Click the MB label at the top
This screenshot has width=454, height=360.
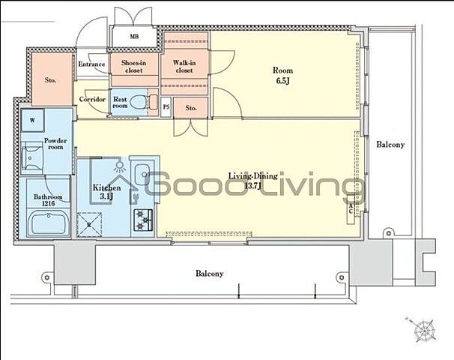(134, 37)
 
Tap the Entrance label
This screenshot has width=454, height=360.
(91, 64)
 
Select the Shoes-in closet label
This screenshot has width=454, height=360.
(134, 67)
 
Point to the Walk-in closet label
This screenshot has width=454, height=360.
(184, 67)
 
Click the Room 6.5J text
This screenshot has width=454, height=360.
(283, 75)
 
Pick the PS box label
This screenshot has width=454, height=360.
(166, 107)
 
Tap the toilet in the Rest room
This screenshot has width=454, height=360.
(141, 102)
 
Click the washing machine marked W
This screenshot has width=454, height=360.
(32, 120)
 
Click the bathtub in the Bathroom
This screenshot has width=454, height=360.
(49, 222)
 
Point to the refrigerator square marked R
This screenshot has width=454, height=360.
(89, 225)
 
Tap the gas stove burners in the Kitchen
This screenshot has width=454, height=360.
(143, 220)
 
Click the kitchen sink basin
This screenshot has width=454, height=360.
(142, 174)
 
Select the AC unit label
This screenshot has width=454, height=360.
(351, 208)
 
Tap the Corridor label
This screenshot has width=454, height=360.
(92, 100)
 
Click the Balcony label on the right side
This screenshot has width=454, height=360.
(390, 144)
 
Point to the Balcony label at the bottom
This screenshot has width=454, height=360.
(209, 273)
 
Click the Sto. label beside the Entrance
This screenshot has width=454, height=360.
(50, 80)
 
